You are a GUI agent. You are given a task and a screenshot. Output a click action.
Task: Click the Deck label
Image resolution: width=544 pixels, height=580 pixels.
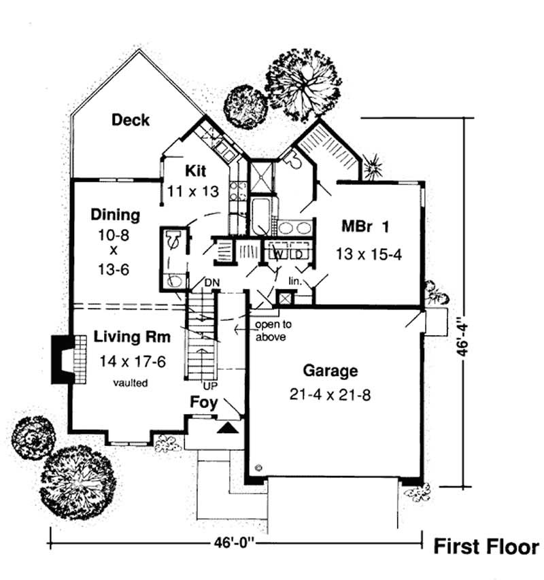[131, 120]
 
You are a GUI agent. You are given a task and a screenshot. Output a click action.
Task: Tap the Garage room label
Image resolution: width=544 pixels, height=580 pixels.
[330, 371]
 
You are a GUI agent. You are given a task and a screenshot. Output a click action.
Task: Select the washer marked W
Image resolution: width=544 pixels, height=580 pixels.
[278, 254]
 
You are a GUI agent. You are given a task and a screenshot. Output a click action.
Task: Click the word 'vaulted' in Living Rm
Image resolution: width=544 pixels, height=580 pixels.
[131, 383]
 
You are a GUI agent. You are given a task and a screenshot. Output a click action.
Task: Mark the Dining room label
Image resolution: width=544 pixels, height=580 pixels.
[115, 215]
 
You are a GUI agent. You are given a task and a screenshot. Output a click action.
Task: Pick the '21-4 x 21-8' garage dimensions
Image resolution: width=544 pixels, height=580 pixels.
[330, 394]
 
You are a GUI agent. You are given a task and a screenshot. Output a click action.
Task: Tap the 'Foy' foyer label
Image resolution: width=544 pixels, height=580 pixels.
[203, 403]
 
